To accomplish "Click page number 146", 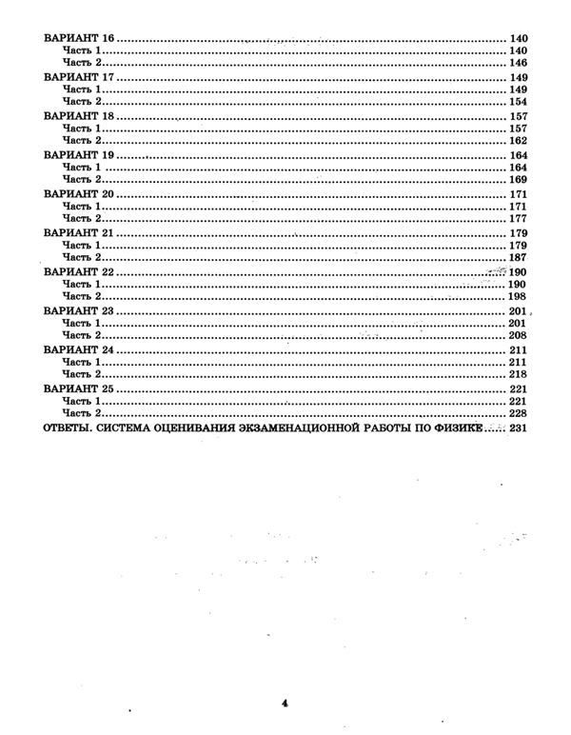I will (518, 63).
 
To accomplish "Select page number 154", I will (518, 102).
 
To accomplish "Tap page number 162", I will (518, 141).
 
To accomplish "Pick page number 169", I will (518, 180).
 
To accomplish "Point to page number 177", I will (518, 219).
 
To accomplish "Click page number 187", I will (518, 258).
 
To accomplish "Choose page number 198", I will (518, 297).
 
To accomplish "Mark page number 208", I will (518, 336).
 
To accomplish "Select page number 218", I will (518, 375).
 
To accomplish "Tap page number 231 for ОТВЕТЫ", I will (518, 429).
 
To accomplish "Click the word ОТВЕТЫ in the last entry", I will (65, 429).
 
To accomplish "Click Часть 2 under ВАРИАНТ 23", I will (80, 336).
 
